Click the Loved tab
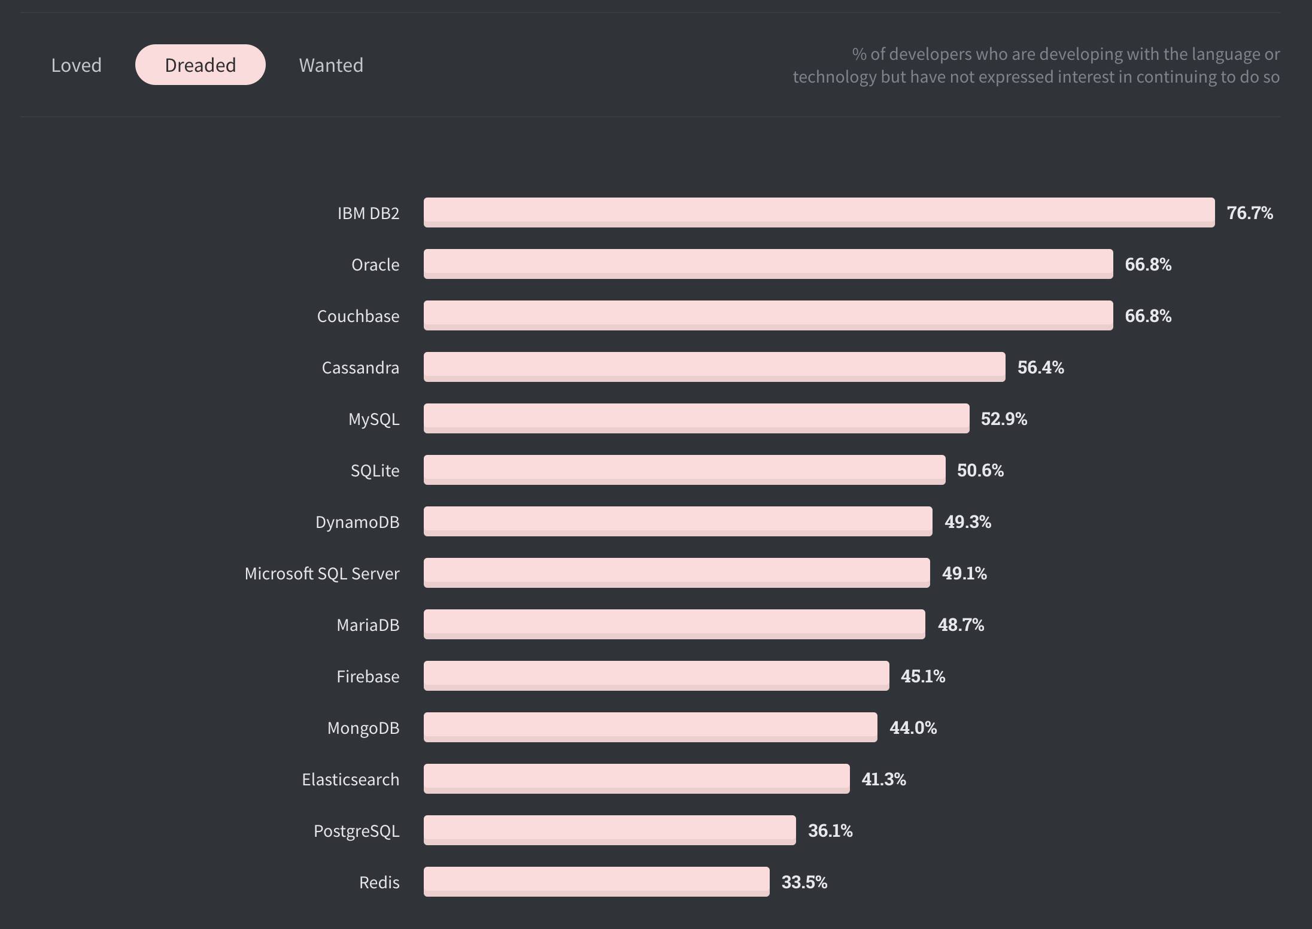[x=76, y=65]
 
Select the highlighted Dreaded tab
[x=200, y=65]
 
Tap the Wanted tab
[x=331, y=65]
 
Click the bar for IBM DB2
[x=819, y=212]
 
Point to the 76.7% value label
[x=1250, y=213]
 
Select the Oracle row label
[x=375, y=265]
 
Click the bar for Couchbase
[x=768, y=315]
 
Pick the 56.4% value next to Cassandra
[x=1040, y=368]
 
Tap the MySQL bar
[x=696, y=418]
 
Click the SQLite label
[x=375, y=470]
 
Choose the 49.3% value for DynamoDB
[x=967, y=522]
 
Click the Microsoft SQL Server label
[x=321, y=573]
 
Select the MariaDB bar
[x=674, y=624]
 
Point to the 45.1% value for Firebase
[x=922, y=676]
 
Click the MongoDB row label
[x=363, y=728]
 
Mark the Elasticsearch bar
[x=636, y=779]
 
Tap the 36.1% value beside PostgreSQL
[x=830, y=831]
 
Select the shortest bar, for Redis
[x=596, y=882]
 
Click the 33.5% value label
[x=804, y=882]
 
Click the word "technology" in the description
[x=834, y=77]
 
